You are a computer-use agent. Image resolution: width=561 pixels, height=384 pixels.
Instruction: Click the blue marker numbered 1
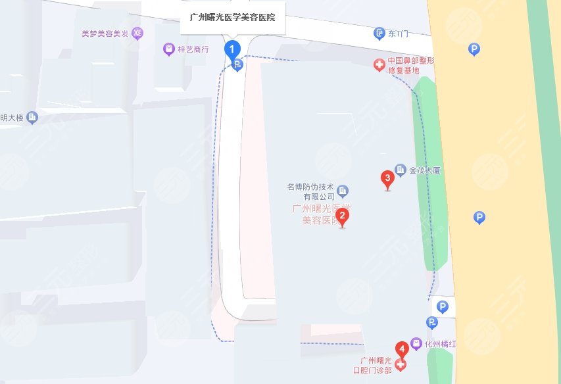point(232,49)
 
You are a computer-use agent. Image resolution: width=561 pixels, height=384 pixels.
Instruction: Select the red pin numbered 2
point(341,216)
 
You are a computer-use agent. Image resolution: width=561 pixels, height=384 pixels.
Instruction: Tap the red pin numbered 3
point(387,178)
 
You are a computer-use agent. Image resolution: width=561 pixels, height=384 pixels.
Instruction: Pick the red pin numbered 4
point(400,349)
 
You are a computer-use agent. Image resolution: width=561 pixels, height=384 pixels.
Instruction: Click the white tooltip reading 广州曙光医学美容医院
point(232,18)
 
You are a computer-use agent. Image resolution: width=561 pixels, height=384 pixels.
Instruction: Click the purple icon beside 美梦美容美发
point(137,33)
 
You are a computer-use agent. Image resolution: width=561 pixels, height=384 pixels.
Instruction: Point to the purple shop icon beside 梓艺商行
point(168,49)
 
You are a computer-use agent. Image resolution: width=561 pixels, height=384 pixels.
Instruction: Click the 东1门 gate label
point(399,33)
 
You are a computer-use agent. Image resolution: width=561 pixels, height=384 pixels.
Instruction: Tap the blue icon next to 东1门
point(379,33)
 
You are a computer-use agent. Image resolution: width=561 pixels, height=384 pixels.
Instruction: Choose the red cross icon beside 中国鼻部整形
point(379,64)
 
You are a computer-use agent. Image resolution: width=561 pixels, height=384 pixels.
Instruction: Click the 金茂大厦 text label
point(424,170)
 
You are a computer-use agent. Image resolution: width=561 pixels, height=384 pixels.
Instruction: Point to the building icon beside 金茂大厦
point(400,170)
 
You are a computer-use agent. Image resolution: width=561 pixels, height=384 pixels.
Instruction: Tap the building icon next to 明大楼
point(33,118)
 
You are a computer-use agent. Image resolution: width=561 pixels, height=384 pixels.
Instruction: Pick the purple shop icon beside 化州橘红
point(416,343)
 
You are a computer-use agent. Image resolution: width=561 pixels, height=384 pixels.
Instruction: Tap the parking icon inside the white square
point(443,306)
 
